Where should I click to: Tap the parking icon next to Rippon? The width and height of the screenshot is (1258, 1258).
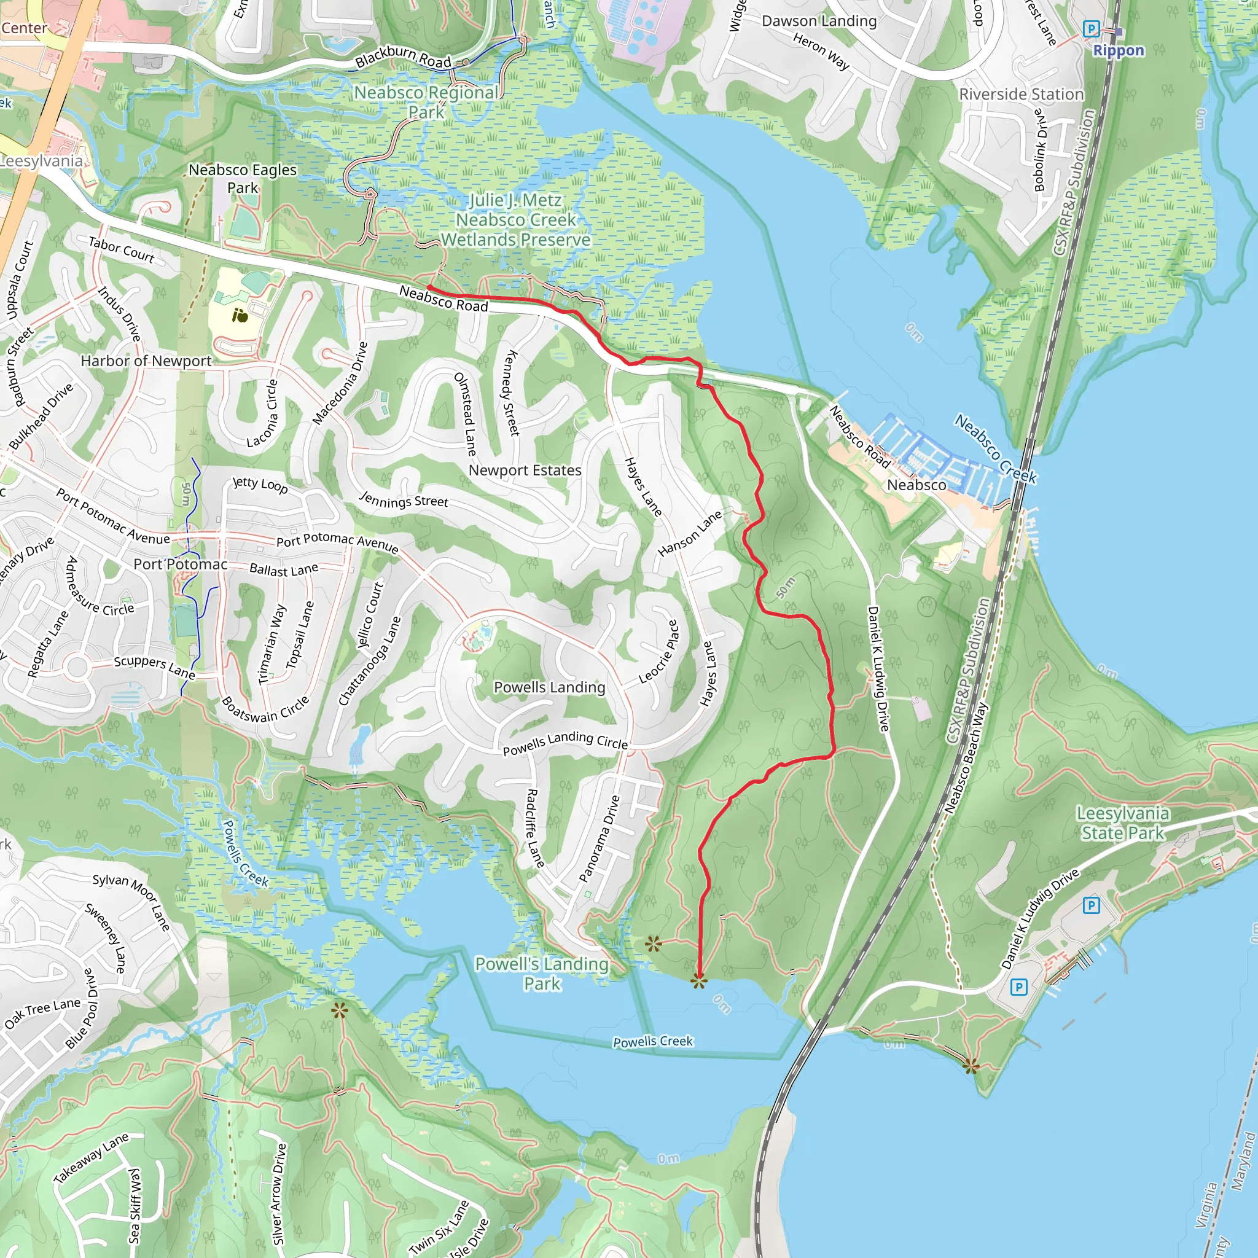click(1091, 29)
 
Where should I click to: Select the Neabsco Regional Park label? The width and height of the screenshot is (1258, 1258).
click(426, 102)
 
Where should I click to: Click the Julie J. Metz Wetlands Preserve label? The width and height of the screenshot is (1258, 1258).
click(516, 220)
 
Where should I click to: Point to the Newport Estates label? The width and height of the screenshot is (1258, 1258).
click(525, 470)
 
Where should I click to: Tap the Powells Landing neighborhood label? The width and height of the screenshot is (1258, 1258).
click(550, 687)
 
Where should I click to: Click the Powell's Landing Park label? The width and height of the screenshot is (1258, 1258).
click(542, 974)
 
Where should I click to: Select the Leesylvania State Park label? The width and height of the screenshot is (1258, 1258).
click(1123, 823)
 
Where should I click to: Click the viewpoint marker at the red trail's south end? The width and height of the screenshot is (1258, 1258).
click(698, 981)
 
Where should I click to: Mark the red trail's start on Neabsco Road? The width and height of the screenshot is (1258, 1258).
click(430, 287)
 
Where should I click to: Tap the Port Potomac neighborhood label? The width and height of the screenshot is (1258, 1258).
click(181, 564)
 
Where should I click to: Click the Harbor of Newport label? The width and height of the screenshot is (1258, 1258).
click(146, 361)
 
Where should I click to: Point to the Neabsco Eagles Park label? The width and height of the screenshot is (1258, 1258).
click(242, 178)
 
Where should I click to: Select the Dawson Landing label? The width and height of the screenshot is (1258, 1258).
click(819, 21)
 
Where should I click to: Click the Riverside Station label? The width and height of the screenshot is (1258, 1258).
click(1021, 95)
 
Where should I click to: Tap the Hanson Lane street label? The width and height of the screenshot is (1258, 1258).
click(690, 533)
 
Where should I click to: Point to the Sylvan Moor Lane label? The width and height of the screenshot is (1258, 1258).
click(131, 901)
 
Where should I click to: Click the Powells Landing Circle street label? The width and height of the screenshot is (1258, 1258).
click(565, 743)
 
